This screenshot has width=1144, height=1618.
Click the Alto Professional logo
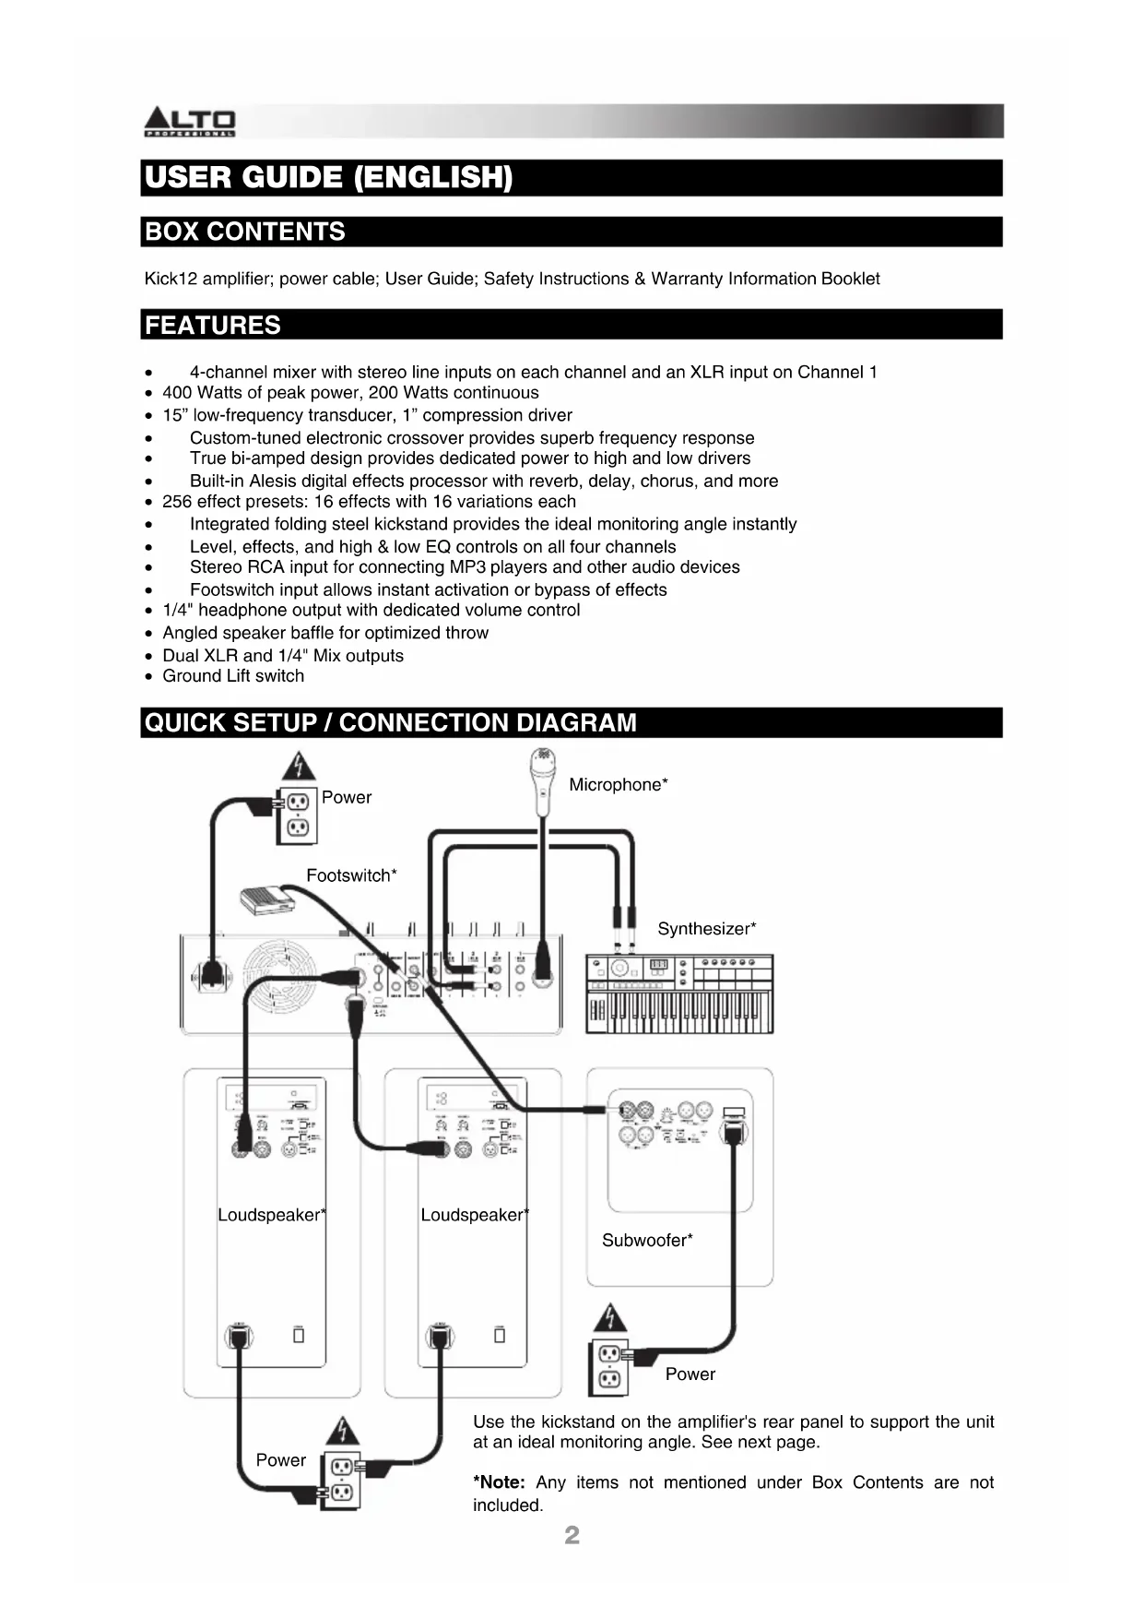point(190,122)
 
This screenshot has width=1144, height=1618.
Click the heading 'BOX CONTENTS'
point(245,232)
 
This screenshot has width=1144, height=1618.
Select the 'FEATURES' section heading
point(213,326)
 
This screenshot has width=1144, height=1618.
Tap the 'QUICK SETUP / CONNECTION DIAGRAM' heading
point(391,722)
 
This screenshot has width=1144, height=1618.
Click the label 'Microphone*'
point(618,785)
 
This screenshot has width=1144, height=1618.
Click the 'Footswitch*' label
point(351,875)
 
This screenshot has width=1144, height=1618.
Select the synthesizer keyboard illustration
point(679,993)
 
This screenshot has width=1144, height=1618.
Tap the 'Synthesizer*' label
point(706,929)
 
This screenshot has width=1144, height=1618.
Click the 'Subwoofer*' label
point(647,1241)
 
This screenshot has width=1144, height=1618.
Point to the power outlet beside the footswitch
point(297,815)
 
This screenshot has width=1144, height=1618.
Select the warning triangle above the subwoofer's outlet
point(609,1318)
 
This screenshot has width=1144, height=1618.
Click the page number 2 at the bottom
point(572,1535)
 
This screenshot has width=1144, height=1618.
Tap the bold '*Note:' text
point(499,1482)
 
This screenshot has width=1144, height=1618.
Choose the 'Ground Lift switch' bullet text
point(233,676)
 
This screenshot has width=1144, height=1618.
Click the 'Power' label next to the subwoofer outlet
point(690,1374)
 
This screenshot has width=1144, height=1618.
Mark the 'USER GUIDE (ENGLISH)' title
point(328,177)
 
